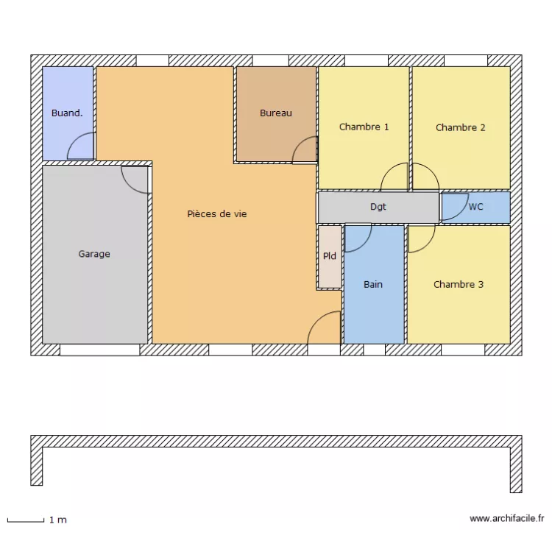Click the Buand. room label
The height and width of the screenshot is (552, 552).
66,113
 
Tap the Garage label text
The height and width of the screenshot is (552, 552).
94,254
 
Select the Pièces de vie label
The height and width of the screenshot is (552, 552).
217,214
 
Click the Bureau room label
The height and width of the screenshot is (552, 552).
276,113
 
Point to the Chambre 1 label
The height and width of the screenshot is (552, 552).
364,127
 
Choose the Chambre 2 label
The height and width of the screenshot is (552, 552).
460,127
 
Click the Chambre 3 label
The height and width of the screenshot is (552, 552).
459,284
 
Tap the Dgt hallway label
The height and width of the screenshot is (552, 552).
378,207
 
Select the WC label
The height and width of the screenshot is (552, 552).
476,207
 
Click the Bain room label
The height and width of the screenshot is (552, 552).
373,284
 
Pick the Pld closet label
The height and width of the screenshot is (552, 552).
330,256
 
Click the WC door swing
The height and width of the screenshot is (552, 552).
454,207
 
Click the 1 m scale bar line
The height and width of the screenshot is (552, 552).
25,520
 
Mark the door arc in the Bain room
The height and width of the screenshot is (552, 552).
359,237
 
